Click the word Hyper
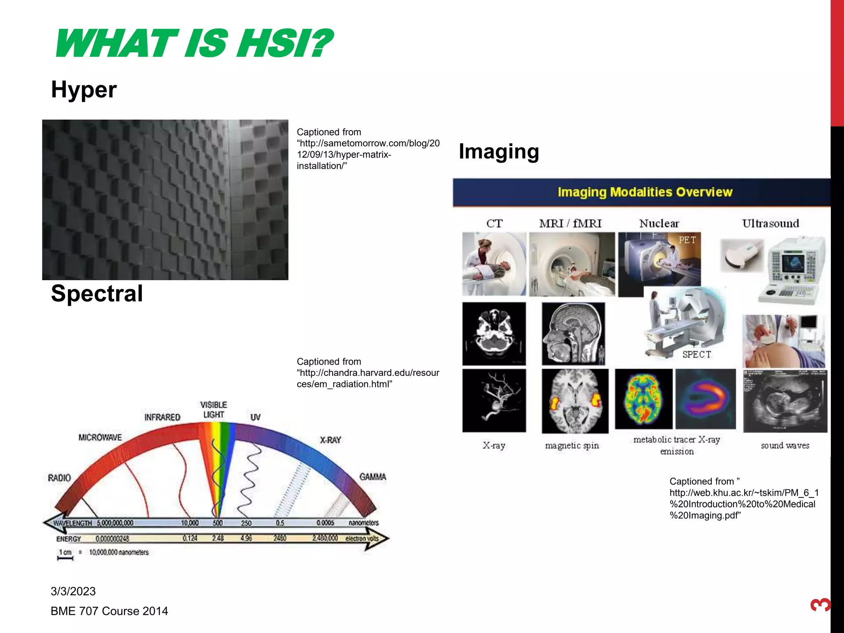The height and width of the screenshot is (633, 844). [x=84, y=89]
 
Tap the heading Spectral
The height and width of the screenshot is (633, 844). [x=97, y=293]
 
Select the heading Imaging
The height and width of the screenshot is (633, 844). [x=499, y=151]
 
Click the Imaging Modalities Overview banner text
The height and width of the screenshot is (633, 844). [x=645, y=192]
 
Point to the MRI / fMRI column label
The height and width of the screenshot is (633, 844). [x=570, y=223]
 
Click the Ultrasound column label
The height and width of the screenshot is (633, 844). [x=770, y=223]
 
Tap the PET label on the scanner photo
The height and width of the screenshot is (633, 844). [x=687, y=240]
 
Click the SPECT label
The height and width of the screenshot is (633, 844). [x=696, y=354]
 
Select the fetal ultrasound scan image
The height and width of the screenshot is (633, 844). [x=785, y=401]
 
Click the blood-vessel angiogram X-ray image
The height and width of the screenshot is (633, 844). [x=494, y=400]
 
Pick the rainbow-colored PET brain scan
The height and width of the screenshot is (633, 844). [x=643, y=399]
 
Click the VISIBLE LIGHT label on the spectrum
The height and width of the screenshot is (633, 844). [x=213, y=410]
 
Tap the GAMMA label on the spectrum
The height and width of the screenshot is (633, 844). [x=373, y=477]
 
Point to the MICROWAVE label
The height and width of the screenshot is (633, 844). [x=100, y=437]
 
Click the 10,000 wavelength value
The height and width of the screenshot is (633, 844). [x=190, y=523]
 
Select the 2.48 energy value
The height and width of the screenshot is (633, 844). [x=218, y=538]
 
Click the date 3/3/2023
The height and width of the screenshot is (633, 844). [x=73, y=591]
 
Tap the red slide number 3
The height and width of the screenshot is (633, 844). [x=820, y=605]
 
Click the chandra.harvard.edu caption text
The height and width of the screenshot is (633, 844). [x=368, y=373]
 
